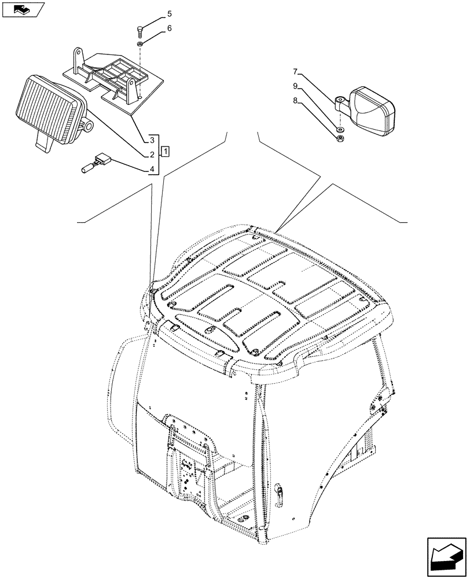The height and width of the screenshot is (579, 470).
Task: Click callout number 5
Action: coord(153,14)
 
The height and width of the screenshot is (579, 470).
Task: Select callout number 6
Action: coord(153,28)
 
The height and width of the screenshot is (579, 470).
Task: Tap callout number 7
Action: coord(295,72)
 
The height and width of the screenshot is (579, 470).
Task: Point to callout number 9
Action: coord(295,86)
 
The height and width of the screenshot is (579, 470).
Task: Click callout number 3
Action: coord(151,140)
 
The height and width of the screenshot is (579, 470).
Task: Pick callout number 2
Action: coord(151,155)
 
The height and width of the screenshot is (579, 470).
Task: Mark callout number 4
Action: coord(151,169)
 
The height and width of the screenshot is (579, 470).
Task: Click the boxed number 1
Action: coord(166,152)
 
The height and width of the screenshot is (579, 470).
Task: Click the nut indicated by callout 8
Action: coord(339,138)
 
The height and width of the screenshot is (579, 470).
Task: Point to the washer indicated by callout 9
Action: coord(340,128)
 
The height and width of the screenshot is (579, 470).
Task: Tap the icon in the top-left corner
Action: coord(23,9)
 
